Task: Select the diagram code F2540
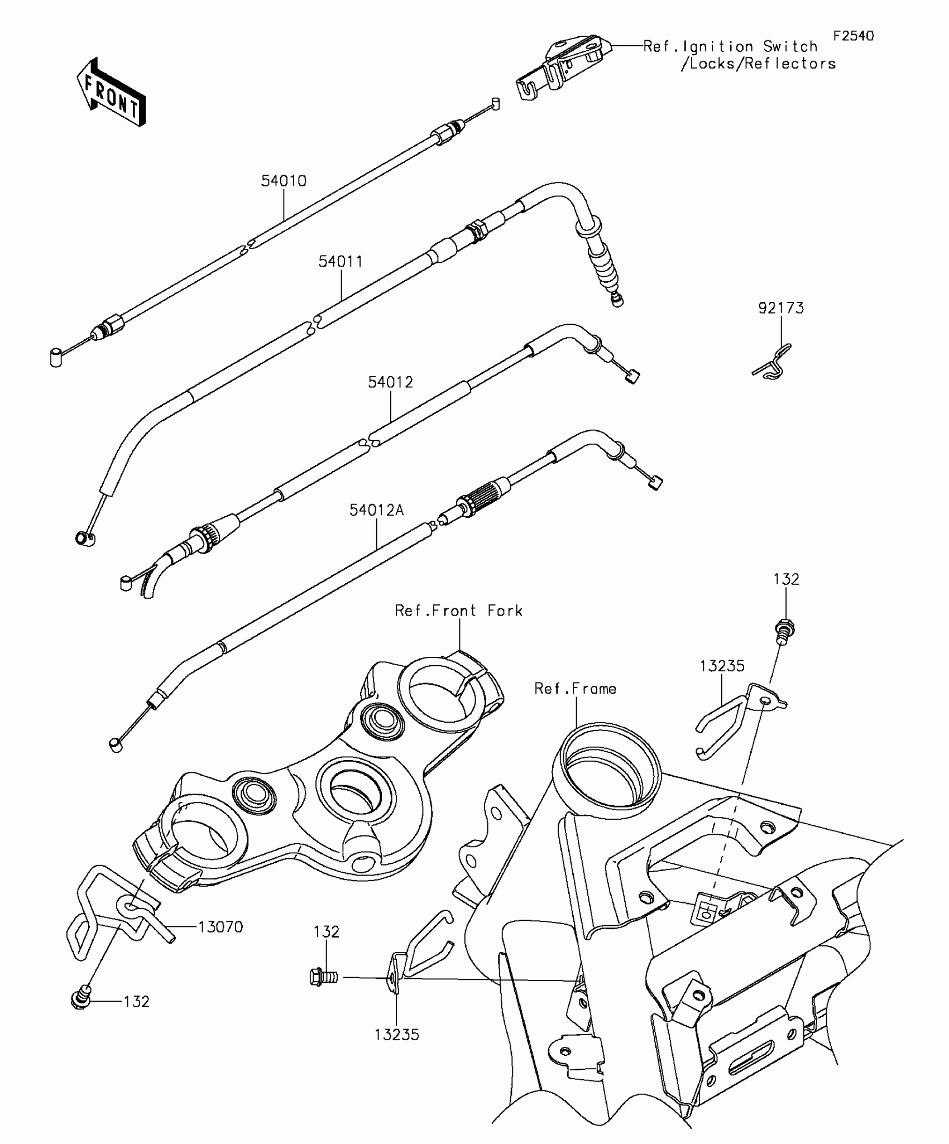854,36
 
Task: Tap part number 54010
284,181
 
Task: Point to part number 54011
341,261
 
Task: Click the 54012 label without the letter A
390,382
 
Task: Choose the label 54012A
377,509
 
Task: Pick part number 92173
781,308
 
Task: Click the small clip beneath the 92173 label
773,363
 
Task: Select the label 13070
221,927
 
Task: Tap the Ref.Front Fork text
458,611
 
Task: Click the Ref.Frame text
575,689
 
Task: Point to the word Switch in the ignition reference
790,46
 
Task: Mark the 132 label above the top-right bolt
786,579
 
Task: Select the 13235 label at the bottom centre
396,1035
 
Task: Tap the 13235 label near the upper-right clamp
722,666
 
